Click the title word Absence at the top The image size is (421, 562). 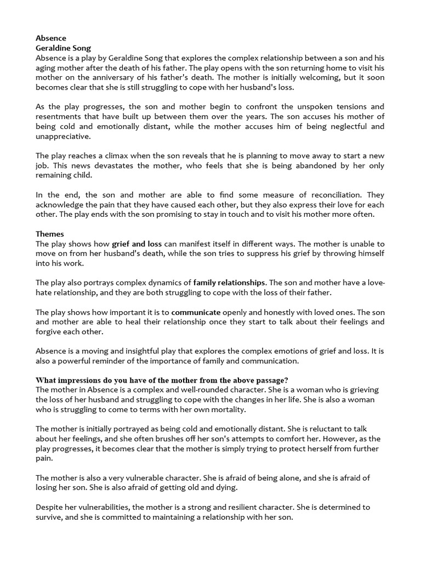click(x=50, y=38)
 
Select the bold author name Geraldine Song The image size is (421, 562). click(x=63, y=48)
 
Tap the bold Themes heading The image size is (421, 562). click(x=50, y=234)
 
